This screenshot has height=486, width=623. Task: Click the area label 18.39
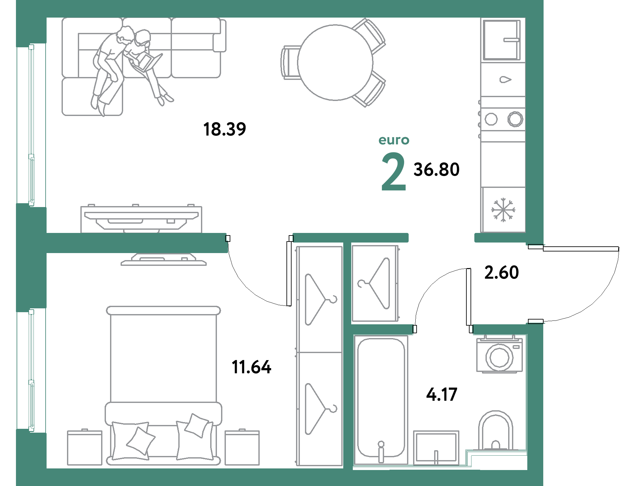coord(224,129)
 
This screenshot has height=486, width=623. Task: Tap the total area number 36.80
coord(436,169)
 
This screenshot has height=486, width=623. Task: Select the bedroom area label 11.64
coord(251,367)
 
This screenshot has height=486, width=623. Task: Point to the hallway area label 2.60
coord(501,272)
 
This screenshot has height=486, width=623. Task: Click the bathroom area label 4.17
coord(442,395)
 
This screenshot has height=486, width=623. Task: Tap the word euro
coord(394,140)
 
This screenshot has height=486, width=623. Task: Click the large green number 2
coord(394,172)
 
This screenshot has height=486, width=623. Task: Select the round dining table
coord(335,63)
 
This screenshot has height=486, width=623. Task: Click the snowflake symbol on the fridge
coord(503,210)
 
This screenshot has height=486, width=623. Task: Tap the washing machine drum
coord(499,357)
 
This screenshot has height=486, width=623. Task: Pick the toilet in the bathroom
coord(495,431)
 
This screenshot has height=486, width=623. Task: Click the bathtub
coord(381,399)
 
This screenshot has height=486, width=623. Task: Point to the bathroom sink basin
coord(436,447)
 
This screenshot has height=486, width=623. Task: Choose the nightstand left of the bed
coord(85,447)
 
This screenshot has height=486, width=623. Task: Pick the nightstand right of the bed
coord(242,447)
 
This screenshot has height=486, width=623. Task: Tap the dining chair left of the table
coord(290,63)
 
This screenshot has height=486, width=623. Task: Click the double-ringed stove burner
coord(515,119)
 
